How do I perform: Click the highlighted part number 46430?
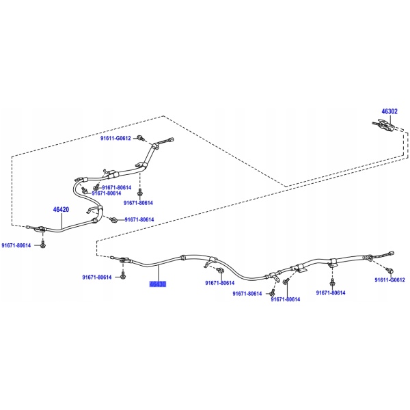(x=158, y=283)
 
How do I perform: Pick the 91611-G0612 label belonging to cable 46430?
(x=389, y=279)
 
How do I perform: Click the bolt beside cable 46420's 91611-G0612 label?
(x=139, y=139)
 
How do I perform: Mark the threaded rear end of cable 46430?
(x=388, y=257)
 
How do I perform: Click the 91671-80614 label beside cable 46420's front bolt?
(x=16, y=245)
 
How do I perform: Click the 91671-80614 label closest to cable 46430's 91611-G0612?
(x=331, y=292)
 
